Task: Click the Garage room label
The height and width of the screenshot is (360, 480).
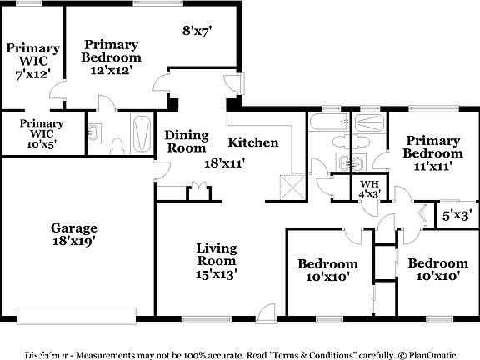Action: point(74,227)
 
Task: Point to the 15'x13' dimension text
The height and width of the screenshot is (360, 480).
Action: point(216,272)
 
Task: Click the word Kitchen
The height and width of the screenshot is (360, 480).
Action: point(253,142)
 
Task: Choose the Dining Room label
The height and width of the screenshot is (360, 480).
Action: point(185,142)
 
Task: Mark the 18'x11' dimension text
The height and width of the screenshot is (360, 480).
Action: point(225,163)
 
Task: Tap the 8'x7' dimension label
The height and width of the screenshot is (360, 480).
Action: point(197,31)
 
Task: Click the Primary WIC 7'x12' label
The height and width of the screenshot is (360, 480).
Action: point(32,61)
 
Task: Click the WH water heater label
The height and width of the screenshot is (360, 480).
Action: point(367,184)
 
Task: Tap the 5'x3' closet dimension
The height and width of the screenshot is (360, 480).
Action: point(457,213)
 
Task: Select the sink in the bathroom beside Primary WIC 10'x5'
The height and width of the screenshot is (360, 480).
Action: point(94,132)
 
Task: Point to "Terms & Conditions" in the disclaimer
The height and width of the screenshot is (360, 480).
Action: point(310,354)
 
